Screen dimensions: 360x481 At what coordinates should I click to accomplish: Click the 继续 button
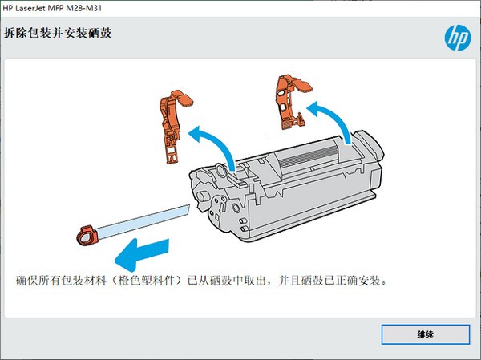425,334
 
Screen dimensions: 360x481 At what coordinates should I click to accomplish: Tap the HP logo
455,37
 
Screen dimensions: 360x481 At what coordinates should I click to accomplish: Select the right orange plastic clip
292,100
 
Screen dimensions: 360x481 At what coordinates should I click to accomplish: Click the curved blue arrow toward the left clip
212,143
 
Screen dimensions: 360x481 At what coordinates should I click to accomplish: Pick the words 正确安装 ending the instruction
356,282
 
